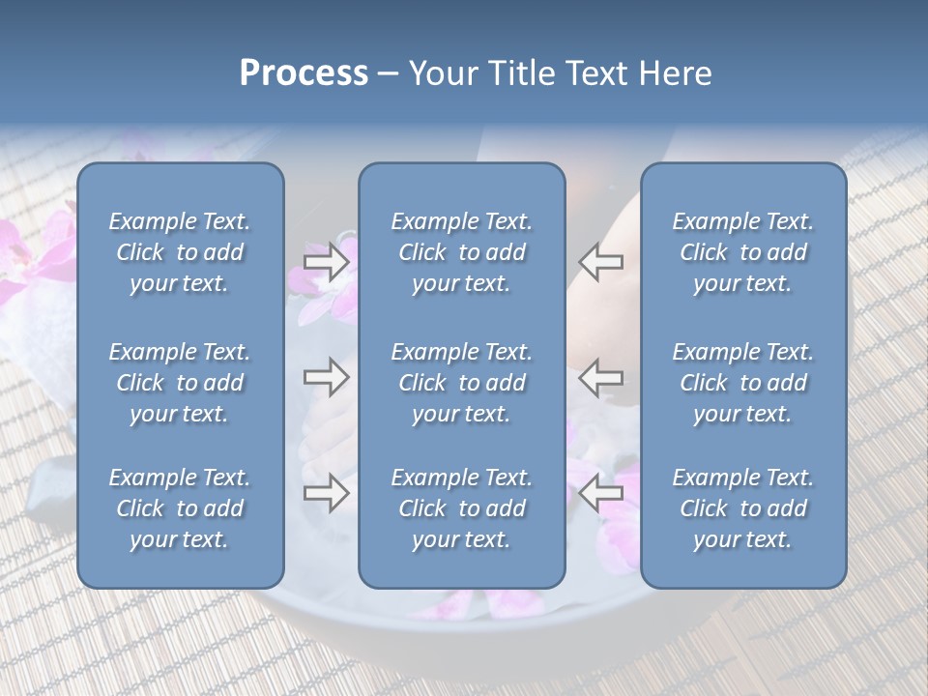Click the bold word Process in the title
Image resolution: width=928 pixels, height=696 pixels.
point(304,73)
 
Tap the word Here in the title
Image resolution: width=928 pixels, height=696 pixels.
point(674,73)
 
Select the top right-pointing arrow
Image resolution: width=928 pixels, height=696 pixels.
point(326,261)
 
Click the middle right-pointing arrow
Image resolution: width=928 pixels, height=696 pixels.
point(326,376)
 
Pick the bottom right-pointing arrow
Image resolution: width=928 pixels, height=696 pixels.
point(326,493)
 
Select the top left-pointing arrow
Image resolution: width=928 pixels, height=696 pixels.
point(600,261)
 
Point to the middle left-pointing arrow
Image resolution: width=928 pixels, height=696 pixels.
point(600,376)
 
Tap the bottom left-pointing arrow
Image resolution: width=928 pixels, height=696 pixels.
point(600,493)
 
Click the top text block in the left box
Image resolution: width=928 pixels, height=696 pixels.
point(180,252)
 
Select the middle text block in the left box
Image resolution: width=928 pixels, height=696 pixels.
point(180,383)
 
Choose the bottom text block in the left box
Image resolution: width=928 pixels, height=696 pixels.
point(180,508)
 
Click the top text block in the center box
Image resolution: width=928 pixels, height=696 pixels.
point(461,252)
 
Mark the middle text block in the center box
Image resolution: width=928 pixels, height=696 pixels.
point(461,383)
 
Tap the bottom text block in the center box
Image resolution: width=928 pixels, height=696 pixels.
point(461,508)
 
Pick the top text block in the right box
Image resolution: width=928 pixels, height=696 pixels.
point(743,252)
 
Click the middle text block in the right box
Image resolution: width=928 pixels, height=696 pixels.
point(743,383)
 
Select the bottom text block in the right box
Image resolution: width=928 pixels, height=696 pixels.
point(743,508)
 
